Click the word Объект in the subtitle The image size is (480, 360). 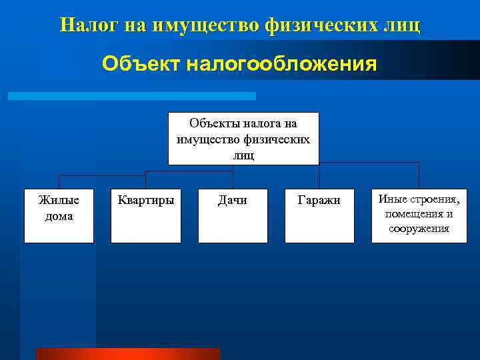click(141, 65)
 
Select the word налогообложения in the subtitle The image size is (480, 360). click(281, 65)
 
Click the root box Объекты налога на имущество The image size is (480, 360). click(243, 139)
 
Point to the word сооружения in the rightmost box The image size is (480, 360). click(419, 229)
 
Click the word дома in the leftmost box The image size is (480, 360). click(59, 216)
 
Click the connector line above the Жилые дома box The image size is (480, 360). click(59, 181)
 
